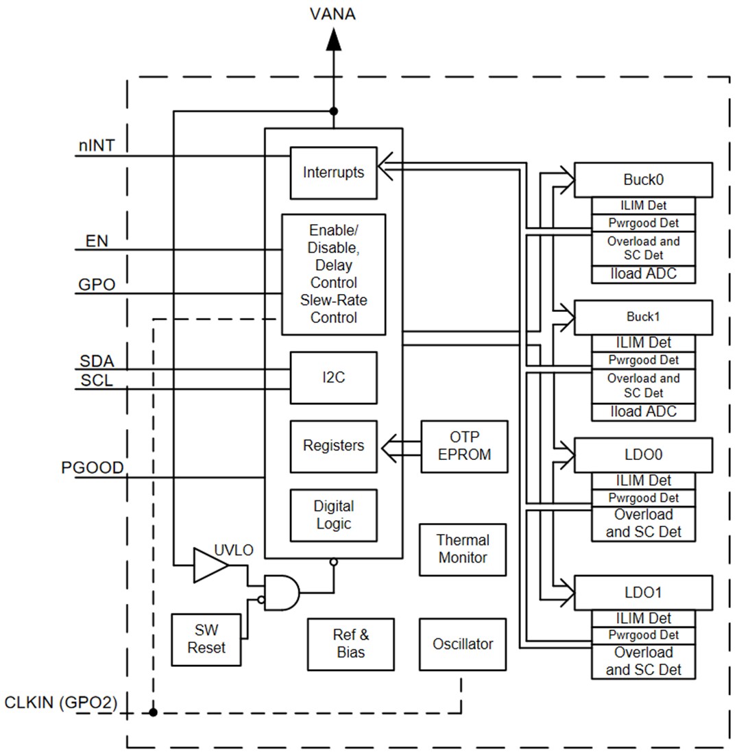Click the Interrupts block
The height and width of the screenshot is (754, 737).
point(333,172)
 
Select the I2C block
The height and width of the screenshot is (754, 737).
point(333,377)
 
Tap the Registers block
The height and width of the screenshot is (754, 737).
point(333,446)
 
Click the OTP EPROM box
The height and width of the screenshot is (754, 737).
point(465,446)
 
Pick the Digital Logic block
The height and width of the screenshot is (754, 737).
point(333,515)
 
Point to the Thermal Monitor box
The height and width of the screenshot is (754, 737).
point(463,550)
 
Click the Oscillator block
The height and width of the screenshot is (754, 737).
point(463,644)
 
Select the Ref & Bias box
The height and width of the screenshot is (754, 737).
point(350,644)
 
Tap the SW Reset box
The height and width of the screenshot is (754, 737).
point(206,640)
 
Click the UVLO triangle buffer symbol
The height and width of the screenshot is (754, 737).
point(210,565)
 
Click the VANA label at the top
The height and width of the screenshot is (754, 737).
point(333,14)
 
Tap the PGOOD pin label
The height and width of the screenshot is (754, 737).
point(93,467)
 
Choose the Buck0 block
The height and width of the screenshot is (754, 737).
point(643,180)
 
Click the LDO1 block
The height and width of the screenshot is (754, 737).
point(643,592)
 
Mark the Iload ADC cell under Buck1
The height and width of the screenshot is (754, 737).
point(643,411)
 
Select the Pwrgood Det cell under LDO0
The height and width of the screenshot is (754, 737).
point(643,498)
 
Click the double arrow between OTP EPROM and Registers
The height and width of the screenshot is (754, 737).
point(399,446)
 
